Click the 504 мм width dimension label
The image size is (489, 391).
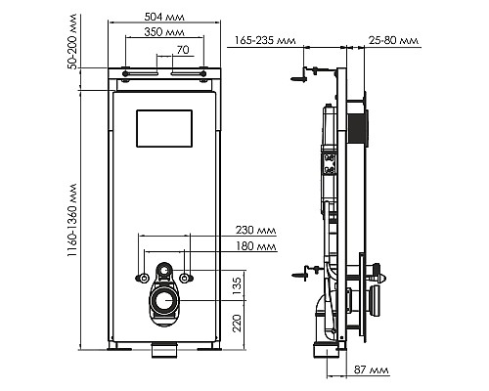tap(163, 17)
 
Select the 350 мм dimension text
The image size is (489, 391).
tap(163, 32)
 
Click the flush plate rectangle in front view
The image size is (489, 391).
tap(163, 126)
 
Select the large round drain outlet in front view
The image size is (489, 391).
tap(163, 302)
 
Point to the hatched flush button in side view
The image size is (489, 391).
tap(364, 127)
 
